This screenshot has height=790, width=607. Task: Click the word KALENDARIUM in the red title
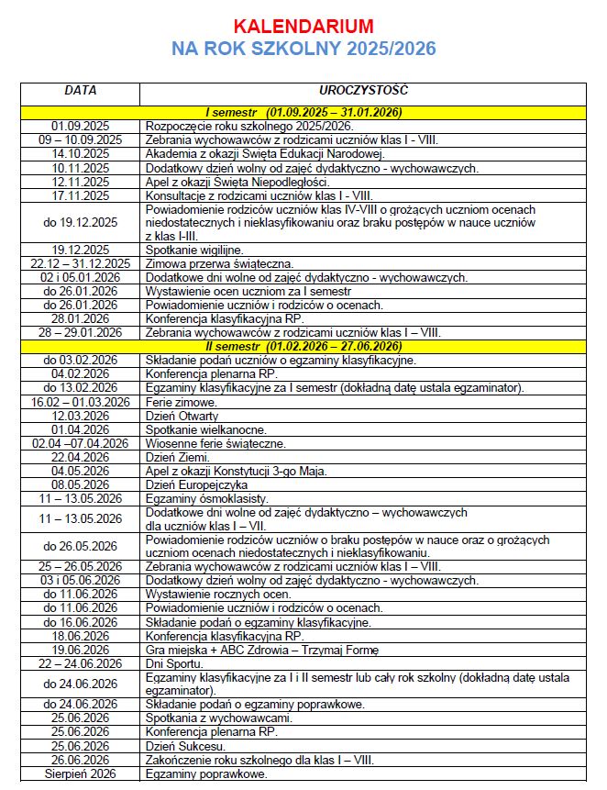point(303,25)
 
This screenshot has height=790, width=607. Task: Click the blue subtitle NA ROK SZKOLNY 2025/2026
point(303,49)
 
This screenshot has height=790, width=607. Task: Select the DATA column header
point(80,91)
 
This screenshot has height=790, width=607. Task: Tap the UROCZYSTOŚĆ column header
point(364,91)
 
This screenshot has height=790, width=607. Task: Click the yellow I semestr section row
point(303,112)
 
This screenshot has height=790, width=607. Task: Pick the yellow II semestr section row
point(303,346)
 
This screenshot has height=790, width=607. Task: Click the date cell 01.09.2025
point(81,126)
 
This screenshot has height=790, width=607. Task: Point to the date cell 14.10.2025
point(81,154)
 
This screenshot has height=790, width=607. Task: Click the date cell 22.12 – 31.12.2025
point(81,263)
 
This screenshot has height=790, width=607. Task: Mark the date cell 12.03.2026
point(81,416)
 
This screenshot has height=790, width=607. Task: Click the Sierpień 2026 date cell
point(81,773)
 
